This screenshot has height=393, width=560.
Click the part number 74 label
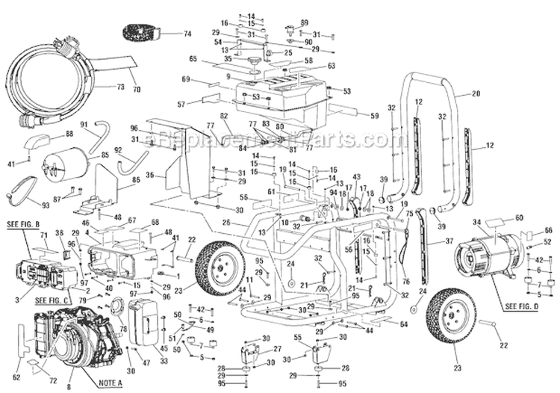tap(187, 34)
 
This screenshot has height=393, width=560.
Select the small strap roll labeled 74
tap(141, 34)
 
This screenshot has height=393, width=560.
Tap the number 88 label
tap(69, 133)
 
